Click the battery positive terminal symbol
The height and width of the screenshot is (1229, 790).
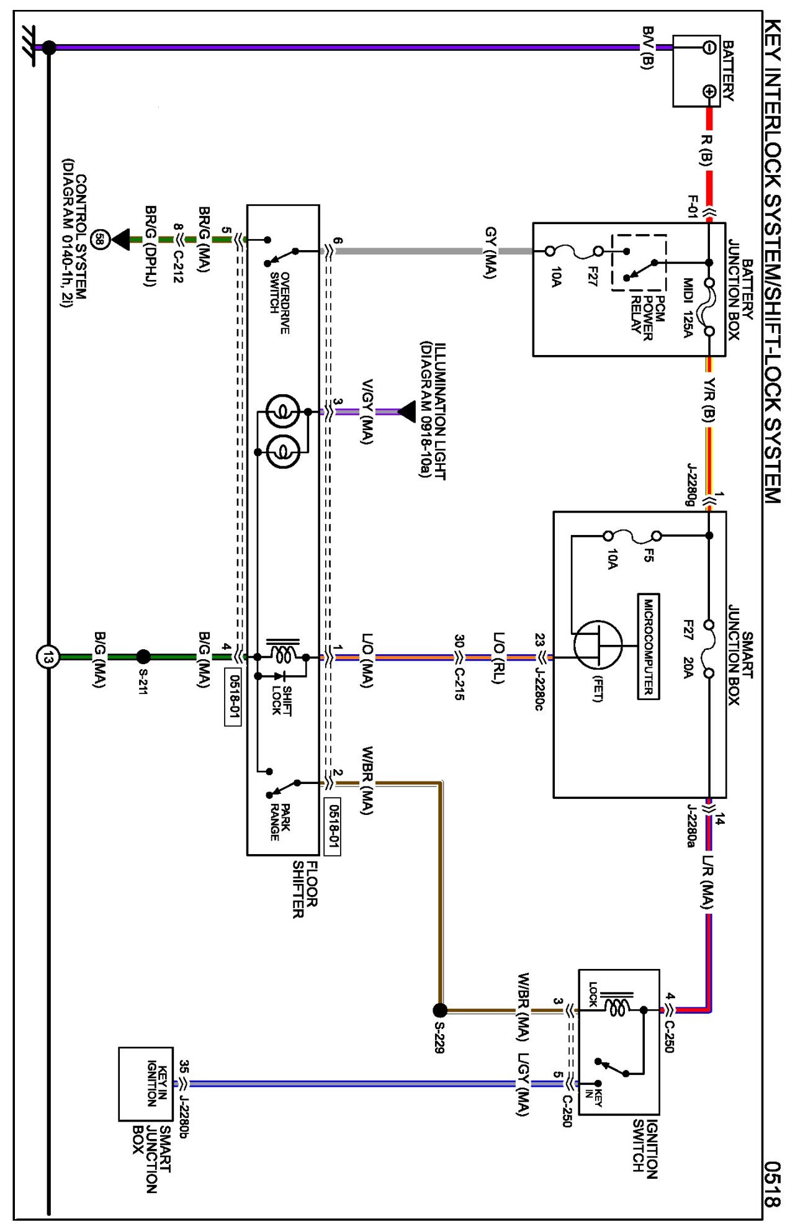[709, 92]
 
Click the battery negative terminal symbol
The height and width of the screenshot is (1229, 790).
[709, 47]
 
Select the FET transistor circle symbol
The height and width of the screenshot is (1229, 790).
[598, 646]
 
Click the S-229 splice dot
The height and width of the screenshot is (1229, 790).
[439, 1011]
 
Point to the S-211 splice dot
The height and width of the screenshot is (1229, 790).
[143, 657]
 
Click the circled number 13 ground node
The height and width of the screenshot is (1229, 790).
[48, 657]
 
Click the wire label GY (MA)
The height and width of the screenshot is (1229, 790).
[490, 253]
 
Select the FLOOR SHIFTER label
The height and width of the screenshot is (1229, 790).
[305, 889]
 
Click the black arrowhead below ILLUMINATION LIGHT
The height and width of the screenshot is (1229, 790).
[407, 412]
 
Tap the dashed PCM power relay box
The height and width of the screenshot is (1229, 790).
[639, 263]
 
